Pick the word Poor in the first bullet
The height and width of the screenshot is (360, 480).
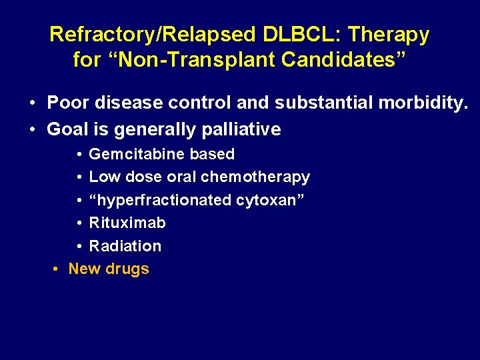[65, 104]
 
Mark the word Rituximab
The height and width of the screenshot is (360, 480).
[127, 223]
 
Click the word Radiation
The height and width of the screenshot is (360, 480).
[125, 246]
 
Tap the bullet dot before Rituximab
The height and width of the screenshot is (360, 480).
[79, 223]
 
